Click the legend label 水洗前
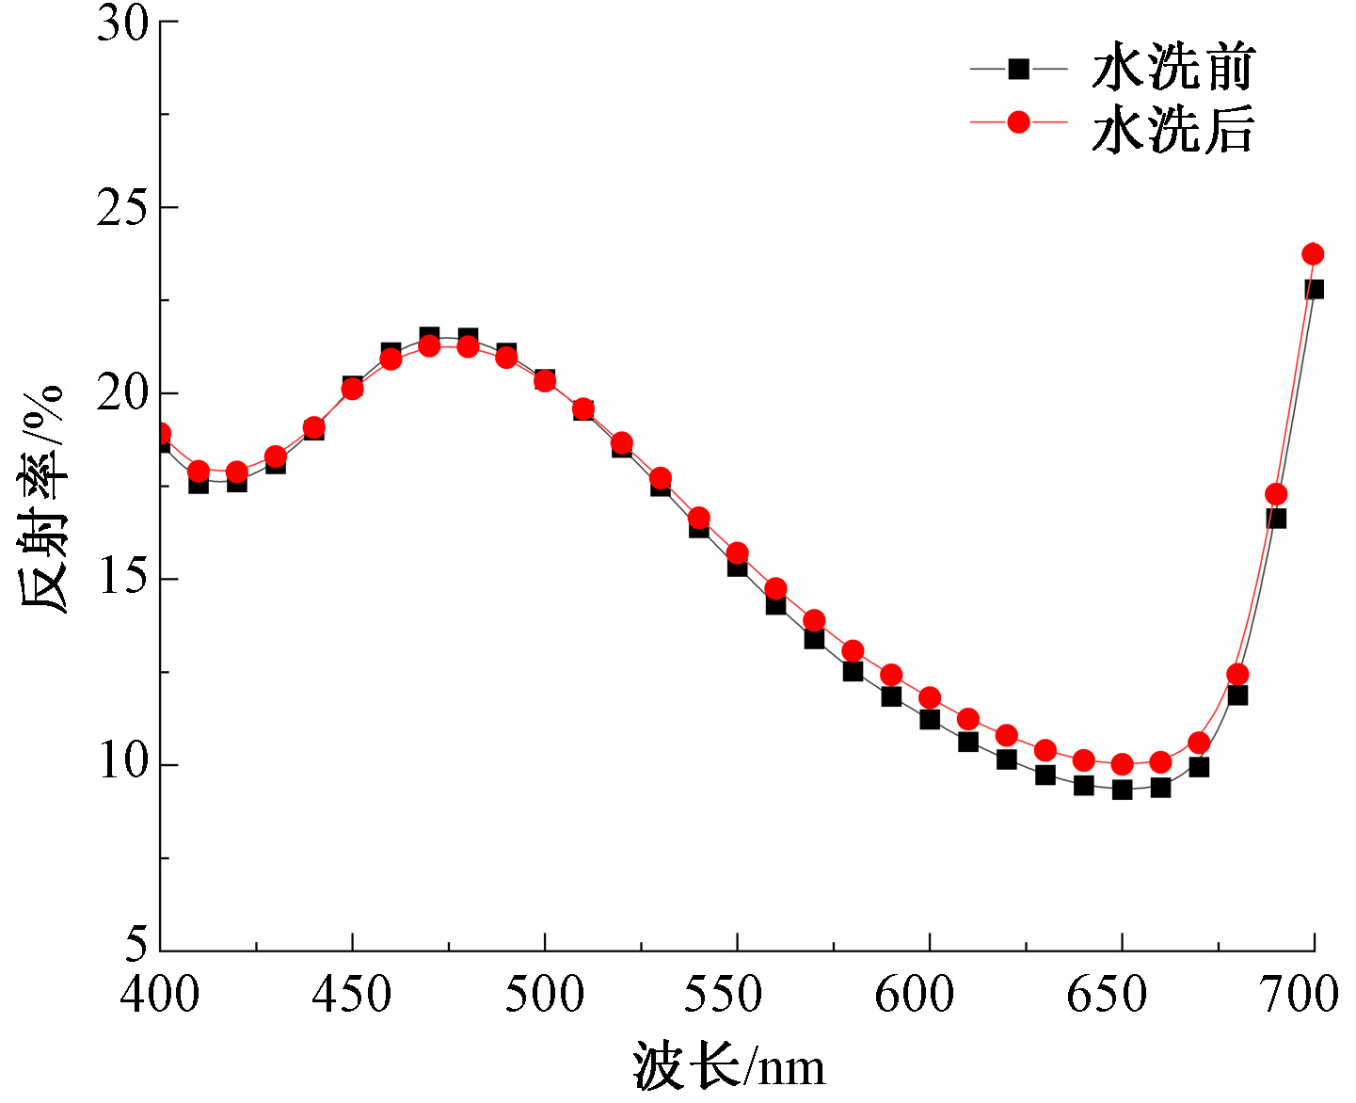click(x=1173, y=68)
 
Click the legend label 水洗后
click(x=1173, y=129)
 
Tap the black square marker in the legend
click(x=1018, y=69)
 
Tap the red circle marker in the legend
click(x=1018, y=122)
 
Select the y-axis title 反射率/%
click(x=42, y=499)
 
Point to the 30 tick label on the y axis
click(x=123, y=23)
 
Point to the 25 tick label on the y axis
click(x=123, y=207)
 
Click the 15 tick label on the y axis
click(x=123, y=579)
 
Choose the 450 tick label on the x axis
click(x=352, y=995)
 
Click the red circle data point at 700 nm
click(x=1313, y=254)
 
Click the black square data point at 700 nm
click(x=1315, y=289)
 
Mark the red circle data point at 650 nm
click(x=1122, y=764)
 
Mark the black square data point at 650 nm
click(x=1122, y=790)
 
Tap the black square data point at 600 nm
click(x=930, y=719)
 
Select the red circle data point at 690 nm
click(x=1276, y=494)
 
